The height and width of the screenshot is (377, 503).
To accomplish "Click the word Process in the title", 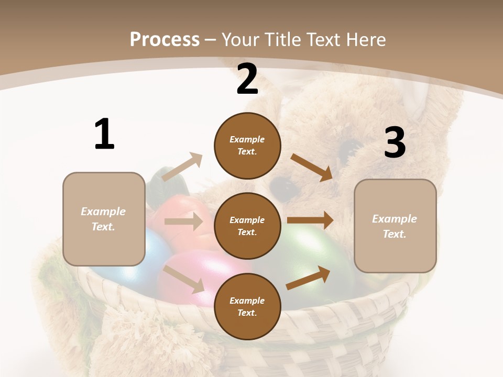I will coord(165,40).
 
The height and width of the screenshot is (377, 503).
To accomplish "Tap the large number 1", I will coord(104,135).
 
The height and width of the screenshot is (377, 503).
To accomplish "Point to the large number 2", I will coord(247,80).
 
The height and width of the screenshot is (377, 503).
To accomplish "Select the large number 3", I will coord(395,143).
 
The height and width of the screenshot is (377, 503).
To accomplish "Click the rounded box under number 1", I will coord(104,219).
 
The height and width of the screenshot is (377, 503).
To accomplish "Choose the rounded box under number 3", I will coord(395,226).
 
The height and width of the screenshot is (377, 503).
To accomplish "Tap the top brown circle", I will coord(247,146).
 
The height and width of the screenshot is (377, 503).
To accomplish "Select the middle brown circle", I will coord(247,226).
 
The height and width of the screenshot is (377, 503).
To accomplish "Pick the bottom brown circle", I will coord(247,306).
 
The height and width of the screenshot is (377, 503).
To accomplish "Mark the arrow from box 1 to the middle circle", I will coord(183,221).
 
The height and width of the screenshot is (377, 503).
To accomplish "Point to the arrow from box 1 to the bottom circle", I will coord(184,279).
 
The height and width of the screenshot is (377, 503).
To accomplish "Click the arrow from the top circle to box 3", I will coord(312,167).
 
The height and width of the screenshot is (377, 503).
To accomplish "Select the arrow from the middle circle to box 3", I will coord(310,220).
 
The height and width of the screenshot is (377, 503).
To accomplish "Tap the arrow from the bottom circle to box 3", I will coord(308,278).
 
